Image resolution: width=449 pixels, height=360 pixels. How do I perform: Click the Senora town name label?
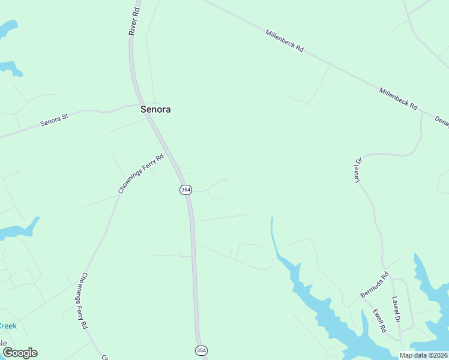[x=155, y=109]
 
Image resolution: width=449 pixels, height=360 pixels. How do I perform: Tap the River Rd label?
[x=135, y=21]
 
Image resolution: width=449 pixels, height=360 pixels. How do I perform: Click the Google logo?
[x=20, y=353]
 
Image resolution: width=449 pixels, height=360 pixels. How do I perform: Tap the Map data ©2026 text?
[x=423, y=355]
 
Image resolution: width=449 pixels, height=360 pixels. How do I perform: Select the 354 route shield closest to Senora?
[x=185, y=190]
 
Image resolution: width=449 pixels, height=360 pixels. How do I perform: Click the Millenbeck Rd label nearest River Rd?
[x=284, y=40]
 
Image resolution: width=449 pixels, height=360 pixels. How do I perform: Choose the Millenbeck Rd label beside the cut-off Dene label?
[x=398, y=98]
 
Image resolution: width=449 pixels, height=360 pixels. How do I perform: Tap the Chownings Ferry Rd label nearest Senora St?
[x=141, y=174]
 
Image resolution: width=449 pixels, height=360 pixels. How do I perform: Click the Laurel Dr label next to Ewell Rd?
[x=396, y=310]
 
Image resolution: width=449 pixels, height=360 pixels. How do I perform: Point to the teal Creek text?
[x=7, y=326]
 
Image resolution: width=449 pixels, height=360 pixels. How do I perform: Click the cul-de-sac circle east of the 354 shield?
[x=226, y=179]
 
